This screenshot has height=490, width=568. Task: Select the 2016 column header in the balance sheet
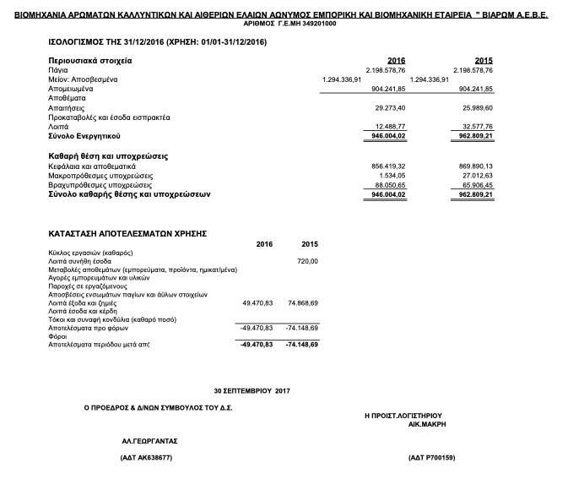click(396, 61)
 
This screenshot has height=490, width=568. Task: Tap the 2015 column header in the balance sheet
click(484, 61)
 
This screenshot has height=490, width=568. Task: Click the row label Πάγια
click(60, 70)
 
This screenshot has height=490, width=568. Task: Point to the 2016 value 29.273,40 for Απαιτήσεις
click(390, 108)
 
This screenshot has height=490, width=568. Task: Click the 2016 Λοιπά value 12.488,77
click(390, 126)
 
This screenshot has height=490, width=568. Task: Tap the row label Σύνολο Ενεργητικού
click(85, 135)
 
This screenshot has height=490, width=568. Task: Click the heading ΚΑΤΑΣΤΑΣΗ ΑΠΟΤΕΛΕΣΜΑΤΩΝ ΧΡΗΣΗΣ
click(127, 231)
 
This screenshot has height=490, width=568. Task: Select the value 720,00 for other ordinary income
click(307, 261)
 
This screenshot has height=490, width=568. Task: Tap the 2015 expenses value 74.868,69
click(300, 302)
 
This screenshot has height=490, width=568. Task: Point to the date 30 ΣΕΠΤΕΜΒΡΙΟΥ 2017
click(252, 391)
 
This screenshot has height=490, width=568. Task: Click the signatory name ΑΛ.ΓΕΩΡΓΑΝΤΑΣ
click(150, 441)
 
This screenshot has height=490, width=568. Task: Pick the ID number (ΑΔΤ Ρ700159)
click(431, 458)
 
